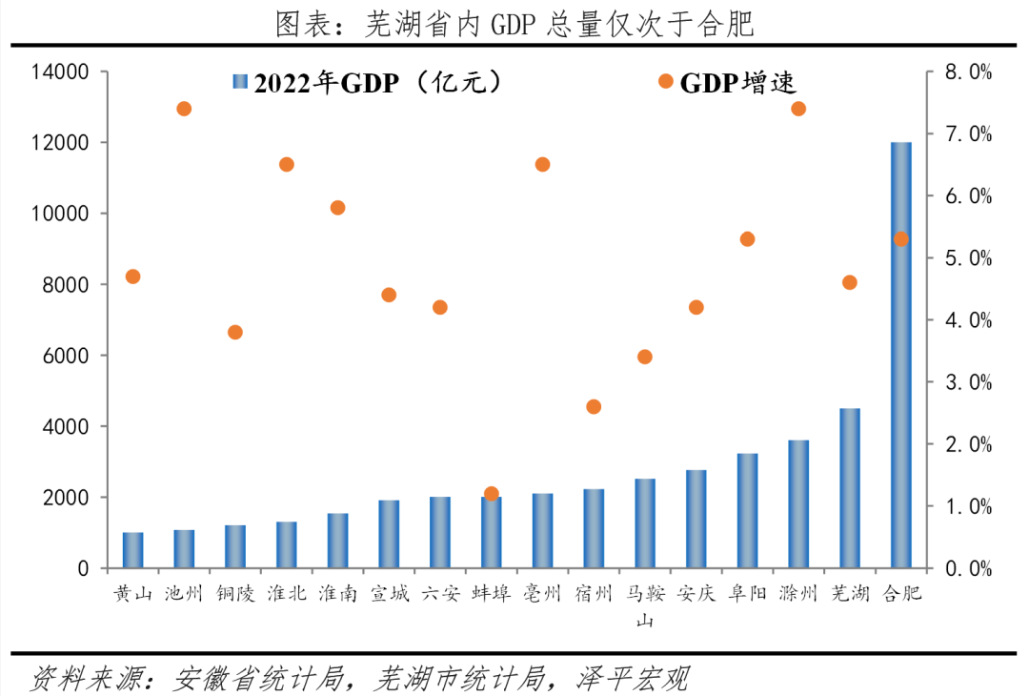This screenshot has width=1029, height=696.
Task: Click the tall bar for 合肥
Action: (900, 355)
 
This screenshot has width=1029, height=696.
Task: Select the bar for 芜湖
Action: (850, 488)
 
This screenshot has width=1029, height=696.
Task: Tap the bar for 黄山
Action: (132, 550)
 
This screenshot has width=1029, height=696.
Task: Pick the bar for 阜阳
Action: (747, 511)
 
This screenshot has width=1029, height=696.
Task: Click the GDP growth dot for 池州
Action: (184, 109)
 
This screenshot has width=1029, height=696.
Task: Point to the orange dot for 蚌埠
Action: (492, 494)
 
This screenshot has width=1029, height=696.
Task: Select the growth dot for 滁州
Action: (798, 109)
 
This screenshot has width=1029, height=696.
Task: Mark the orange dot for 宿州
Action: (594, 406)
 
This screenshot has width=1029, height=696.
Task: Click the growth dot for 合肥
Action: (900, 239)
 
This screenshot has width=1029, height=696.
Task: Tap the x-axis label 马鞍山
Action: (645, 605)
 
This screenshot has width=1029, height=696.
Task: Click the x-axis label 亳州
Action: (542, 594)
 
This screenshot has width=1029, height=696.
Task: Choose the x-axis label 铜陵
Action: (235, 594)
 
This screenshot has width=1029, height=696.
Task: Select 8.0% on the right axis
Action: (967, 72)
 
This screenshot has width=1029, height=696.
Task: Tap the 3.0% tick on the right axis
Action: (967, 382)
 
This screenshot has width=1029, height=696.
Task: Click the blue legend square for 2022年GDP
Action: (239, 83)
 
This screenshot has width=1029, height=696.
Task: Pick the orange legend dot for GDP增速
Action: (665, 82)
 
